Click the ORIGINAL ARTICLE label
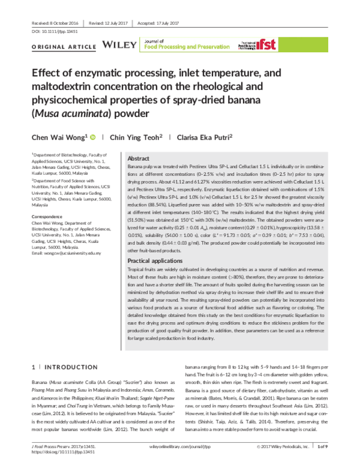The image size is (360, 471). (x=63, y=46)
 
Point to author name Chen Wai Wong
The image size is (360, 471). (x=58, y=137)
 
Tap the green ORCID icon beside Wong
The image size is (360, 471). (x=92, y=137)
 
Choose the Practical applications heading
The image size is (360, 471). (x=158, y=261)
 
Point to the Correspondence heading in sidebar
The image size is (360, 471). (x=49, y=215)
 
